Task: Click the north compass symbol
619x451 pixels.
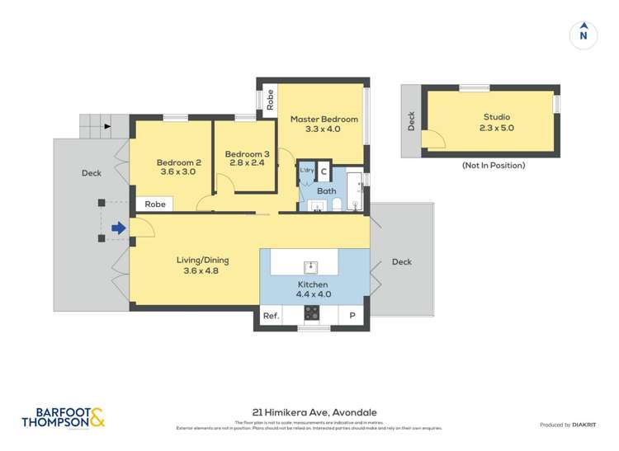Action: (584, 34)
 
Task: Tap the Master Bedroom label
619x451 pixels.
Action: (324, 124)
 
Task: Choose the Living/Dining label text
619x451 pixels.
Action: (202, 265)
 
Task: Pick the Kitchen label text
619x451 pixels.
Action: (314, 288)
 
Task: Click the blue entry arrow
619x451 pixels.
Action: (119, 228)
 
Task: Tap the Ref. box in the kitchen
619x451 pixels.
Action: (271, 316)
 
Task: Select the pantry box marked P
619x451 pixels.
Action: (352, 316)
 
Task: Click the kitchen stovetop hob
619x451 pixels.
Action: (312, 313)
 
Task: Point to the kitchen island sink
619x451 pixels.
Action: (311, 265)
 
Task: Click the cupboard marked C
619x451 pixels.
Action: (324, 171)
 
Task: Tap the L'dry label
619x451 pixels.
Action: (306, 171)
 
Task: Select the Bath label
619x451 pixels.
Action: (327, 191)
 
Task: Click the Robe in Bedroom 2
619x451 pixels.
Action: (155, 204)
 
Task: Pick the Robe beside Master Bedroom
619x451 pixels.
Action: (269, 100)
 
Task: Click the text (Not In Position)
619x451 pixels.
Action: (493, 166)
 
